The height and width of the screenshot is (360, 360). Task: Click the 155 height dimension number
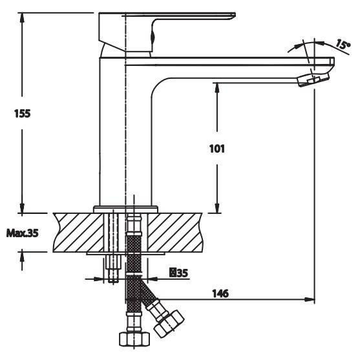pos(22,113)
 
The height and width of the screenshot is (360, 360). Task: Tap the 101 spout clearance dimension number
pos(217,149)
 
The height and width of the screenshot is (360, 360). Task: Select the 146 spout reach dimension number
pos(220,293)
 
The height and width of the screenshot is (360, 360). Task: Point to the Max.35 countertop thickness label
pos(22,233)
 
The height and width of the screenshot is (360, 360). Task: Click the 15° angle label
pos(343,45)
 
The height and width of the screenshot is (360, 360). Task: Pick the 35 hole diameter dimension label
pos(179,273)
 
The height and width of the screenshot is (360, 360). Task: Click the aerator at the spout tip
pos(313,79)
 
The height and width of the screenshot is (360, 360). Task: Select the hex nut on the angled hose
pos(169,324)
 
